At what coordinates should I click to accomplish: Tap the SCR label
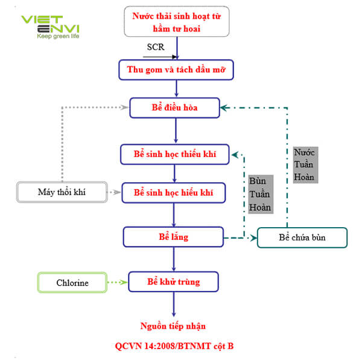[155, 47]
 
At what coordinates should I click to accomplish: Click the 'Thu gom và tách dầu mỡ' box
[176, 69]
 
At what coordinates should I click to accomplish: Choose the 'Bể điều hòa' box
[176, 108]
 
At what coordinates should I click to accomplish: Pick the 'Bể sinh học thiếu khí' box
[176, 154]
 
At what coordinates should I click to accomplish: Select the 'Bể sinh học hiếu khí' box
[174, 193]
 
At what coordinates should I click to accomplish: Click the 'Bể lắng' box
[174, 237]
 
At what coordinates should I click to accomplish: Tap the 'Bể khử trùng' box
[174, 282]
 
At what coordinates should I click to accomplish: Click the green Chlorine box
[72, 283]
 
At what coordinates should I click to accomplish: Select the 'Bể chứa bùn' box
[302, 237]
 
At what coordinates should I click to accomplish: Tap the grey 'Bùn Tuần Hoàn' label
[260, 194]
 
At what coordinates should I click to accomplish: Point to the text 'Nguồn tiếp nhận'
[174, 326]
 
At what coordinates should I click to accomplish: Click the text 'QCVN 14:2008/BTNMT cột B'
[174, 346]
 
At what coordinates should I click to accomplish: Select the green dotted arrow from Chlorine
[118, 282]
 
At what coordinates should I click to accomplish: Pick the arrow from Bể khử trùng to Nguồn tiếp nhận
[174, 304]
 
